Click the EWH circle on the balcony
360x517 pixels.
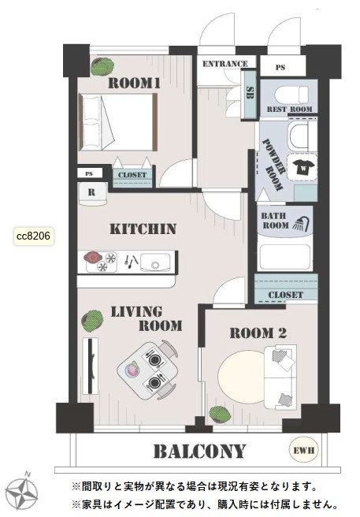(303, 450)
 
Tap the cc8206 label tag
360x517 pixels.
(34, 236)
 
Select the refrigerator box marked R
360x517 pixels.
(92, 194)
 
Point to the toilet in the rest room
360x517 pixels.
(291, 95)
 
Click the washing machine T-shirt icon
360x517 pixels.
(302, 167)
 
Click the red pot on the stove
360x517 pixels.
(92, 257)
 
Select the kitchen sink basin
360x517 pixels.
(155, 262)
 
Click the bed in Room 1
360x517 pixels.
(118, 122)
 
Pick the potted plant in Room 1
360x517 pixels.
(102, 66)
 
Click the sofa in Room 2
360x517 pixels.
(280, 378)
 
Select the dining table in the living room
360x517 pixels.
(147, 370)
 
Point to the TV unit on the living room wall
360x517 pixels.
(91, 366)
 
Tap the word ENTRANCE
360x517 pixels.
(225, 64)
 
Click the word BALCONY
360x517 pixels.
(200, 452)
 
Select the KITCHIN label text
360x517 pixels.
(143, 229)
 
